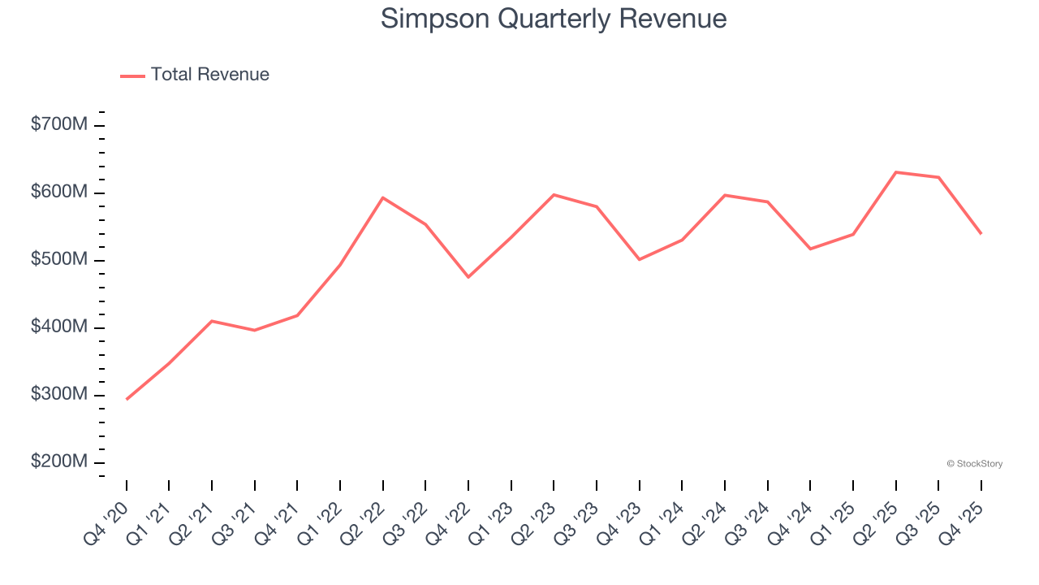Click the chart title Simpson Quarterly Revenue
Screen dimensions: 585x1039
coord(553,19)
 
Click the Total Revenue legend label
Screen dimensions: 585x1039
coord(209,75)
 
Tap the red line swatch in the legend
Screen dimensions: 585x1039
coord(132,76)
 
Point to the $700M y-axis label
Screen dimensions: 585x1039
coord(59,125)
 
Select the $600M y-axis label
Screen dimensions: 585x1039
coord(59,193)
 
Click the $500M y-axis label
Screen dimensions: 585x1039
coord(59,260)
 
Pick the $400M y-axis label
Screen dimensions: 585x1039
coord(59,327)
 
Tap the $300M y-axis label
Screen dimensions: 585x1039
coord(59,395)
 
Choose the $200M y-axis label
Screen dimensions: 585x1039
coord(59,462)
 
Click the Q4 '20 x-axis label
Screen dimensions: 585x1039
coord(107,522)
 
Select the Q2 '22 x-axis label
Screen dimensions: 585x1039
coord(363,522)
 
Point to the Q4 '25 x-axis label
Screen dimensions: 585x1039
coord(961,522)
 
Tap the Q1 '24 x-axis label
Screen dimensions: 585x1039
coord(662,522)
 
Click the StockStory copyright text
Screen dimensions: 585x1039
coord(974,464)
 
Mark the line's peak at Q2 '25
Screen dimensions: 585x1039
coord(896,172)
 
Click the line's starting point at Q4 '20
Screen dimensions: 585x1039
coord(127,399)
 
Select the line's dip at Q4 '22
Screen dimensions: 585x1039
coord(468,277)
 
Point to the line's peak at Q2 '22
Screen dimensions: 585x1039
coord(383,197)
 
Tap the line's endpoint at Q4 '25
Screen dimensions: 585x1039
coord(981,233)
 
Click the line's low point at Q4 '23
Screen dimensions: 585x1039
coord(640,259)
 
